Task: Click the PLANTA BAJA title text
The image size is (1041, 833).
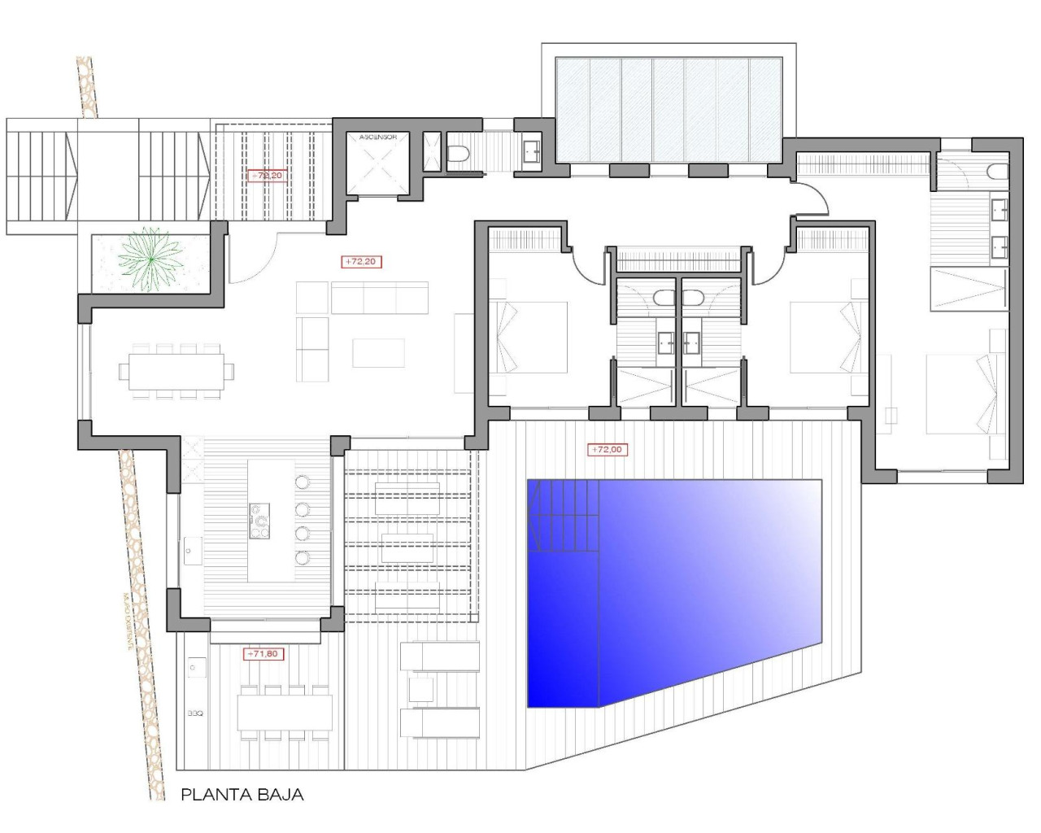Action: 242,795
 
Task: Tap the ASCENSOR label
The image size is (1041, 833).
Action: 377,137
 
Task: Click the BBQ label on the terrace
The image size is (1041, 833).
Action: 194,713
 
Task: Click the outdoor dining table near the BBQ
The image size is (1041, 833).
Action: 285,713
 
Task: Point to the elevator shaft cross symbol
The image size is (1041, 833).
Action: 377,168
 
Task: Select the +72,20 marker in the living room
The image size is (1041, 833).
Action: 361,262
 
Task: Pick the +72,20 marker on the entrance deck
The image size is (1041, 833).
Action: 267,176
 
